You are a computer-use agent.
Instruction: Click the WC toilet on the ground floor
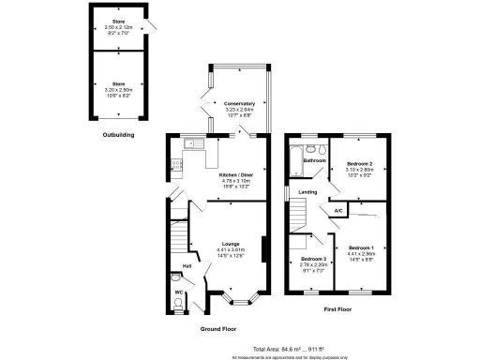click(x=178, y=278)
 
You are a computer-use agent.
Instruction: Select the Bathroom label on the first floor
click(x=313, y=160)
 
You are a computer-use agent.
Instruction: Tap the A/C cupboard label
click(x=337, y=211)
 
